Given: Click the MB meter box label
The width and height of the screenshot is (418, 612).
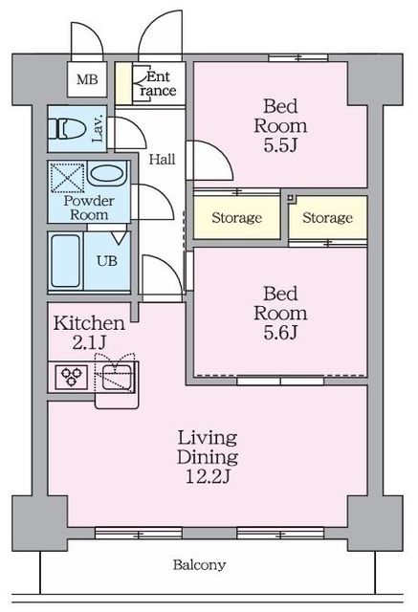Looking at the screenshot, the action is (87, 80).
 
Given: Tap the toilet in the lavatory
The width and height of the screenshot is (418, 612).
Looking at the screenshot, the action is (67, 129).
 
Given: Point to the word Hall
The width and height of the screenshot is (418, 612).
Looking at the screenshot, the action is (162, 160).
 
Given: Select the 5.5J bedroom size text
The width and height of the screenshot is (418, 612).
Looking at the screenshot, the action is (280, 145).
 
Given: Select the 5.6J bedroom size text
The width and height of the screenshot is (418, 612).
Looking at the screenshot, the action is (280, 333).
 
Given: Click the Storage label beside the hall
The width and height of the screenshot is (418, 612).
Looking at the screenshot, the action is (236, 217).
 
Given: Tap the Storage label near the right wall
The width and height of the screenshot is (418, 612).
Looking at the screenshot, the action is (327, 217).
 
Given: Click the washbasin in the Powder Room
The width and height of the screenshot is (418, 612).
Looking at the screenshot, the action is (106, 173).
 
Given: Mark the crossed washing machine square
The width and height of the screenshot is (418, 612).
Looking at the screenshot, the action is (68, 178).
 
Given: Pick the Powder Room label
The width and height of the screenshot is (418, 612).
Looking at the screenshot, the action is (89, 208).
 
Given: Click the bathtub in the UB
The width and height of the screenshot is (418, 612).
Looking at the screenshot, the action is (65, 261).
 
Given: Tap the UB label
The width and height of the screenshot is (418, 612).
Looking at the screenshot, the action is (107, 261).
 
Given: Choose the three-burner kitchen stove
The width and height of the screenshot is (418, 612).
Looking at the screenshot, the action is (72, 378).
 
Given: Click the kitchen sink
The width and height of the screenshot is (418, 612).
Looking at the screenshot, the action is (118, 377).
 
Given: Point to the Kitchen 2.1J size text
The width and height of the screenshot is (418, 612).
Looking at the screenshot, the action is (89, 342).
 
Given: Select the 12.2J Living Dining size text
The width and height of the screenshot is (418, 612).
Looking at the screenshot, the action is (208, 476).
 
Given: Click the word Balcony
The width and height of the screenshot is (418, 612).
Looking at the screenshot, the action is (199, 565).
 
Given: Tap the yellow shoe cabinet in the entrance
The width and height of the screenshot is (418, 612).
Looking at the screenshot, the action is (123, 83).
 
